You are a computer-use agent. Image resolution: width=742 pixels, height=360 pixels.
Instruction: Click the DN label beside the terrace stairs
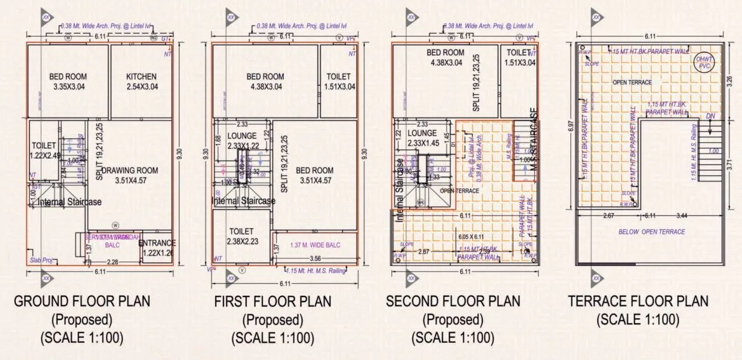click(711, 116)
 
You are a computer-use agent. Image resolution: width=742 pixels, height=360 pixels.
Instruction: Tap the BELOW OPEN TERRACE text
click(652, 232)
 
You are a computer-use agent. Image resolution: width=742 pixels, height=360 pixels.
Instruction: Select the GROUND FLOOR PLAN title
click(83, 301)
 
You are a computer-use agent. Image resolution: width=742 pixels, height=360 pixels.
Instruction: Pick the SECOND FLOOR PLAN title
click(453, 301)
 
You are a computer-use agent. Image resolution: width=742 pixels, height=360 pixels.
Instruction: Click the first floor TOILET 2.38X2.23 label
click(242, 236)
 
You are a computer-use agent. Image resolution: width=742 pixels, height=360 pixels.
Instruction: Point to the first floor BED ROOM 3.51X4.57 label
click(314, 175)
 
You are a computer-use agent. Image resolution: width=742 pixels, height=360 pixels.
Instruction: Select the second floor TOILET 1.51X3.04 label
click(519, 58)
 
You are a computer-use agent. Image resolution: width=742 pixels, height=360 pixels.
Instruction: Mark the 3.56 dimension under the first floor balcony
click(315, 259)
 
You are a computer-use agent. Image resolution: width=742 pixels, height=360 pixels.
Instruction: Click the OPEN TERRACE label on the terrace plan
click(632, 83)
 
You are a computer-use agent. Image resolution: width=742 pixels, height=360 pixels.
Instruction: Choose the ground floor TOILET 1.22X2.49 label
click(43, 150)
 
